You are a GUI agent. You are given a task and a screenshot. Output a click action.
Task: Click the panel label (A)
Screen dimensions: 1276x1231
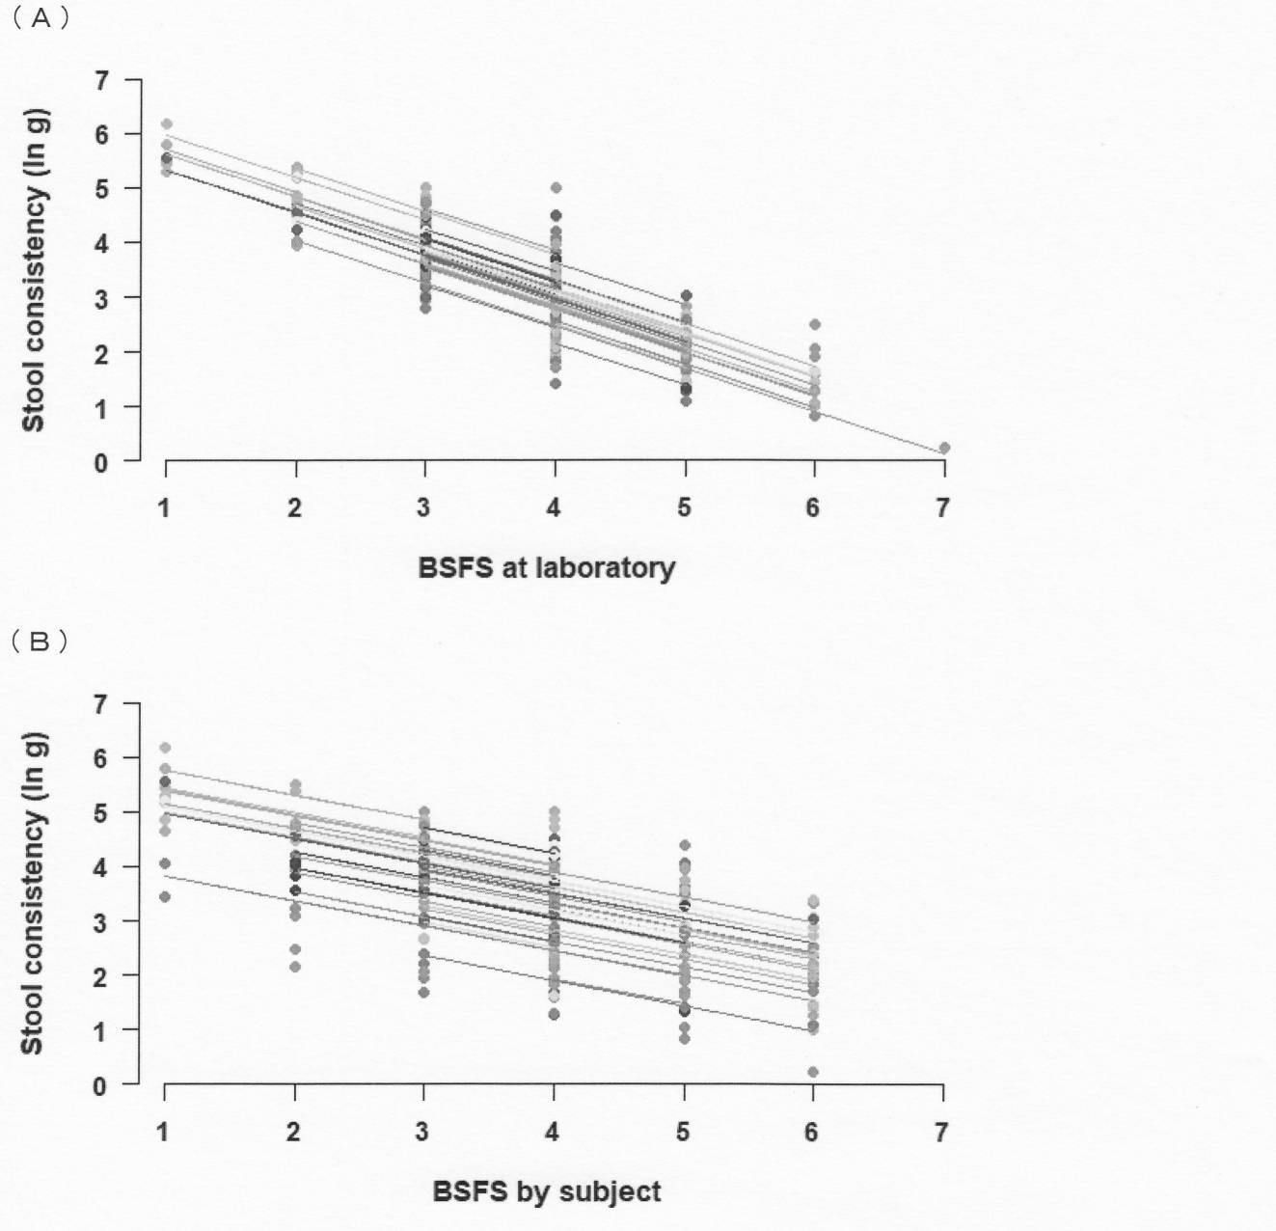click(x=40, y=18)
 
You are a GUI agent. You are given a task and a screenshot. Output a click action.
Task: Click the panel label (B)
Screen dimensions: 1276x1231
click(x=40, y=643)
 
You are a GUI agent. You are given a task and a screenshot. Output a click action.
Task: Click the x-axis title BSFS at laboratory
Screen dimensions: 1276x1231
click(x=546, y=568)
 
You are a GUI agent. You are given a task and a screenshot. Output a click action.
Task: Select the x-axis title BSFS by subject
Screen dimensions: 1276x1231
click(x=546, y=1191)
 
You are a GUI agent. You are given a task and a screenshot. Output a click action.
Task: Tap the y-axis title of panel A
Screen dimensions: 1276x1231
click(x=34, y=269)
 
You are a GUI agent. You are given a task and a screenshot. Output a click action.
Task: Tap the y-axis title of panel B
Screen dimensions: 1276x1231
click(x=34, y=892)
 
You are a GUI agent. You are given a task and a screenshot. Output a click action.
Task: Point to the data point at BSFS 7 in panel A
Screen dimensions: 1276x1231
click(x=944, y=448)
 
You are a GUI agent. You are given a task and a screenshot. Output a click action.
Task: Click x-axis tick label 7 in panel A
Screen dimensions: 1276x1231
click(x=942, y=506)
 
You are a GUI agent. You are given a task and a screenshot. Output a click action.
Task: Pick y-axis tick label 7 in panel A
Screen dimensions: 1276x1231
click(x=100, y=81)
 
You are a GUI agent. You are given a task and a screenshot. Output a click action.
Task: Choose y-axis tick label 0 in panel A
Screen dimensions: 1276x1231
click(x=100, y=463)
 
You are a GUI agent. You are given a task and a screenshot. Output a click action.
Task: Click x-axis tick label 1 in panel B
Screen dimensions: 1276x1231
click(x=163, y=1132)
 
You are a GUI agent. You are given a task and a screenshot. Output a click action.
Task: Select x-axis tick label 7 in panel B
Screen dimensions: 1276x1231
click(x=941, y=1132)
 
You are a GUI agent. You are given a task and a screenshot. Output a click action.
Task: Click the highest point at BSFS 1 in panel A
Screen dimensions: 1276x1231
click(x=167, y=123)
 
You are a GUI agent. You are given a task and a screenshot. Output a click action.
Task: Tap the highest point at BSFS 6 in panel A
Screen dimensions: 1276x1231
click(x=814, y=325)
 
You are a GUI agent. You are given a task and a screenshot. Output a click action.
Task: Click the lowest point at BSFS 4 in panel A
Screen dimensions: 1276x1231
click(x=556, y=384)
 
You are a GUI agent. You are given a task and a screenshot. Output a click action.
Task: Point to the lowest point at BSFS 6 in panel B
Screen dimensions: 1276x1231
click(x=813, y=1072)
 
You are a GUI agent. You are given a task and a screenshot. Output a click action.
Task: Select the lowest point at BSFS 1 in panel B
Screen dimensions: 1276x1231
click(x=165, y=897)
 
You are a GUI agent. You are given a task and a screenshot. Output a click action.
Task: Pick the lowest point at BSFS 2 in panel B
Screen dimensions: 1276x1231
click(x=295, y=967)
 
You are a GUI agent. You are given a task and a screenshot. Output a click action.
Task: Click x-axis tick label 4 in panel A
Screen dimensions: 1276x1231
click(x=554, y=506)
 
